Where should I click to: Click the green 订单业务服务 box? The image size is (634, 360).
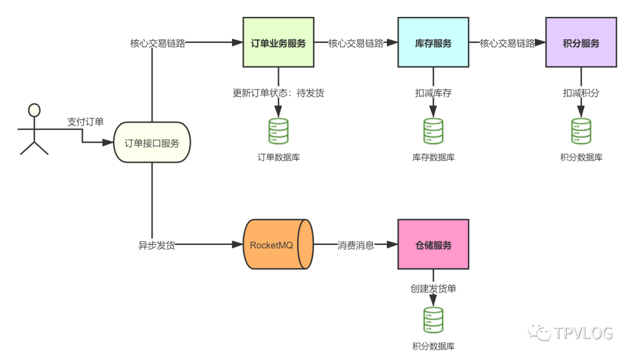click(278, 42)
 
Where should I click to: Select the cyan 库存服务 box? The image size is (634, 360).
click(433, 42)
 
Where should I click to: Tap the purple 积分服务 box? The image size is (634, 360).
click(581, 42)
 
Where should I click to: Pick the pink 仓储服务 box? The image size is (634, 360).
click(433, 244)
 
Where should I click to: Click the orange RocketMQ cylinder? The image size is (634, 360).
click(278, 244)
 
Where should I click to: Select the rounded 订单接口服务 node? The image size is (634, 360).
click(152, 142)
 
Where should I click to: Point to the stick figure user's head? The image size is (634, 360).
click(35, 110)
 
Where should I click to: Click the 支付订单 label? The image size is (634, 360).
click(85, 122)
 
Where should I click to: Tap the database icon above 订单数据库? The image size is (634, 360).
click(279, 131)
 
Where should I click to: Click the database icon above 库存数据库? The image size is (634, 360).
click(433, 131)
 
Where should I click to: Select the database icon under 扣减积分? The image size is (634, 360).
click(581, 131)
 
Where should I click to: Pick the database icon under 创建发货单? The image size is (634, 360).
click(433, 320)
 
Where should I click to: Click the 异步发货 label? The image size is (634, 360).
click(157, 245)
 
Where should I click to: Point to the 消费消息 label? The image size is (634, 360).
click(356, 245)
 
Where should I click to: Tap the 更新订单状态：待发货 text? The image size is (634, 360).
click(278, 93)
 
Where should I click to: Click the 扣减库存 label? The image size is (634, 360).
click(433, 93)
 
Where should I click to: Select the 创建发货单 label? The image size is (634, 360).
click(433, 288)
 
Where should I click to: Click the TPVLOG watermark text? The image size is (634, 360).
click(583, 333)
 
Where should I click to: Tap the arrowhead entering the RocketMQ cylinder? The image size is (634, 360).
click(237, 244)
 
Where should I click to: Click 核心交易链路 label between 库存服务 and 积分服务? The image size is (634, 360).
click(507, 43)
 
